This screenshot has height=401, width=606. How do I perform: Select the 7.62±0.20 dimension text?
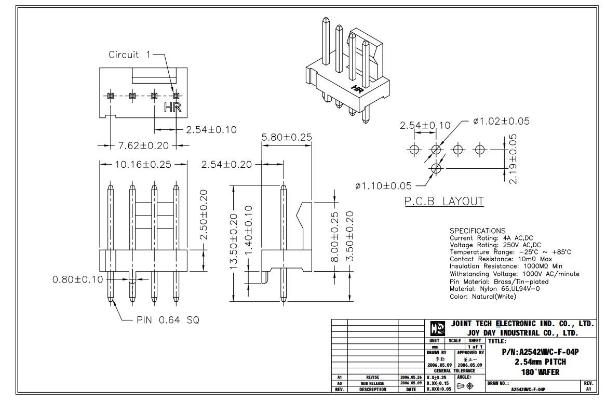(143, 145)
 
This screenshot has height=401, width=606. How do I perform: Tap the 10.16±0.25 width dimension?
(143, 164)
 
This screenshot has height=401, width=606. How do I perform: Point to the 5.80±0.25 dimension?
(286, 137)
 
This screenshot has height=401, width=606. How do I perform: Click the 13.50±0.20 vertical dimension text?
(234, 242)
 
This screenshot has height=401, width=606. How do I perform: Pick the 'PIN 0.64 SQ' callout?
(168, 320)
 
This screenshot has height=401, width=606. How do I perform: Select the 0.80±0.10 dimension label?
(78, 279)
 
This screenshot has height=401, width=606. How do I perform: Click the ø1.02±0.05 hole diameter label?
(501, 121)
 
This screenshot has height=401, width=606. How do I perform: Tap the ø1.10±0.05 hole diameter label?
(383, 186)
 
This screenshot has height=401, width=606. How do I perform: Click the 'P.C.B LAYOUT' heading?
(444, 201)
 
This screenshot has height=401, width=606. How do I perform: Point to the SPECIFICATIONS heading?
(477, 231)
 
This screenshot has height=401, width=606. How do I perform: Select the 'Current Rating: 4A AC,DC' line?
(491, 238)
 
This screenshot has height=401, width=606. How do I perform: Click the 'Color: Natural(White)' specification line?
(483, 297)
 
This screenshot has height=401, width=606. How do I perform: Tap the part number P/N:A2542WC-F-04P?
(540, 352)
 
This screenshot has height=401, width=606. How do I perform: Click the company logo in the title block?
(438, 329)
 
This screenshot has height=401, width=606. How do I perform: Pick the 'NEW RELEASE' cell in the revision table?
(372, 383)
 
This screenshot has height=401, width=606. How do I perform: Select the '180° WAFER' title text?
(540, 372)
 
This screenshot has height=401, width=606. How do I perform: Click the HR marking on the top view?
(172, 107)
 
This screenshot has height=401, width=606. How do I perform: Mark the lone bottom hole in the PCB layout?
(436, 168)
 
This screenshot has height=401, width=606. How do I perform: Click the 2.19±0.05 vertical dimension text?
(513, 159)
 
